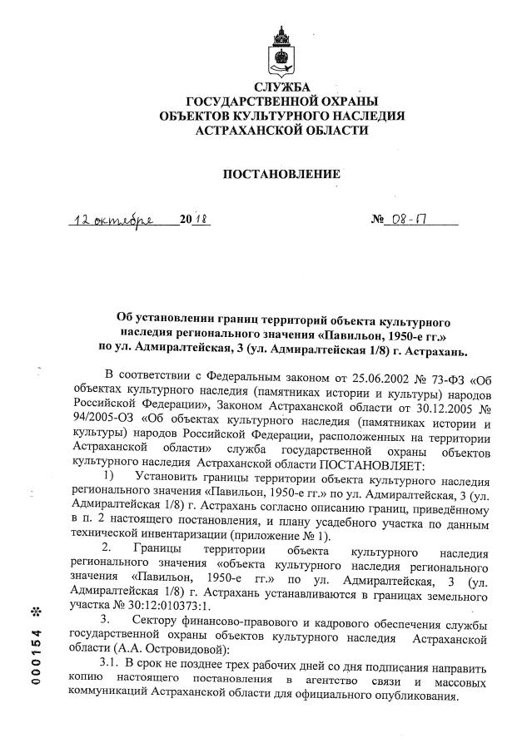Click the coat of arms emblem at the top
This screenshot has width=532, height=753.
click(281, 53)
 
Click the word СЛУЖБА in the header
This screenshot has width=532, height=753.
click(281, 87)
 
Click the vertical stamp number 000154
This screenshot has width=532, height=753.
click(35, 657)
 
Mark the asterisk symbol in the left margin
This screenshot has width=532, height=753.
click(35, 612)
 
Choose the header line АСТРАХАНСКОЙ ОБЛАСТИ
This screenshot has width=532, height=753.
click(281, 130)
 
